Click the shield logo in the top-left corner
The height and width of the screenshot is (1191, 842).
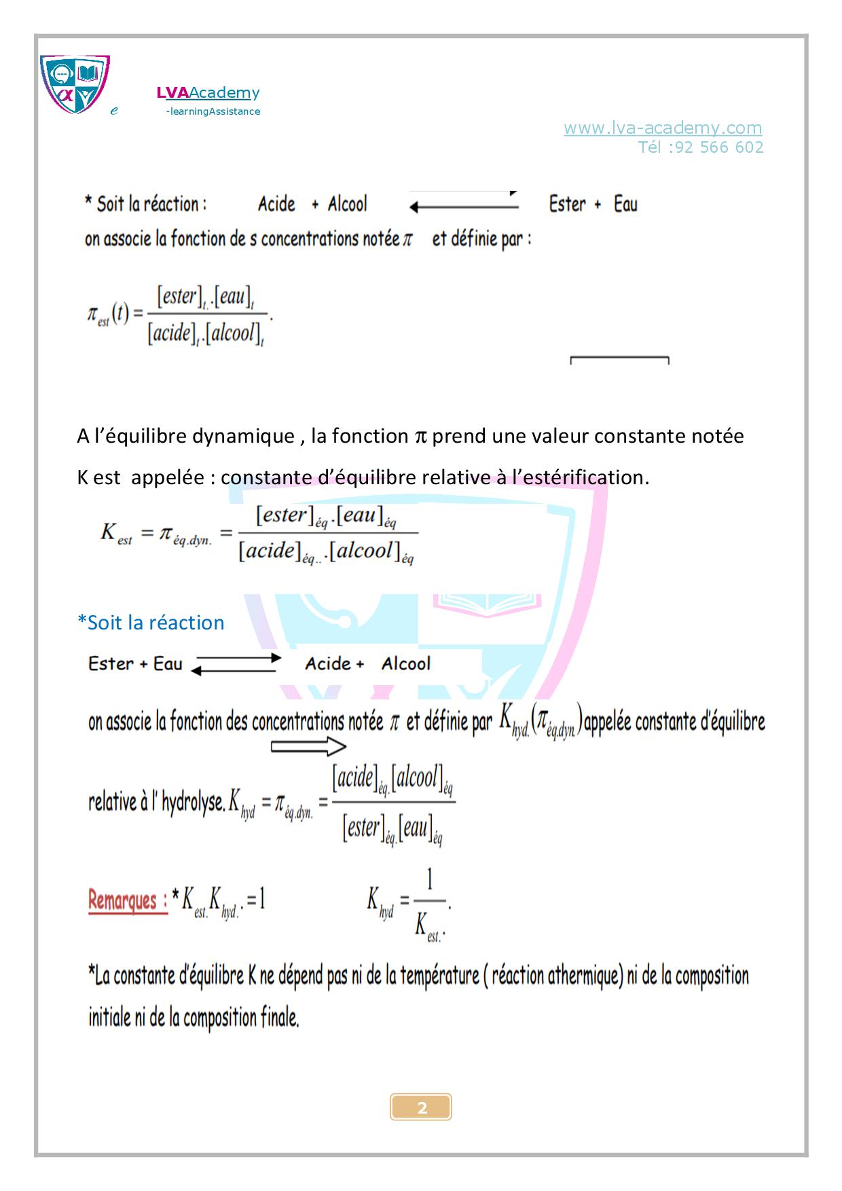75,84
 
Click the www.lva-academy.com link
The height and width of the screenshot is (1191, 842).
662,128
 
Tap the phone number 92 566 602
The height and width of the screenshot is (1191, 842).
719,147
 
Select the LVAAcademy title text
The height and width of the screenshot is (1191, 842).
208,93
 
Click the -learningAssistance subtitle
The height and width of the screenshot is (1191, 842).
213,111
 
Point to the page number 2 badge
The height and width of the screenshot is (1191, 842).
421,1108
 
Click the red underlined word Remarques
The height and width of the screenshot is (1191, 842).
128,901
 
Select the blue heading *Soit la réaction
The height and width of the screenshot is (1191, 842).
151,623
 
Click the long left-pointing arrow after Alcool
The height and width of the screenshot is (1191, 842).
464,207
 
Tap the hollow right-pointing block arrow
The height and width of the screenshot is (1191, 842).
308,747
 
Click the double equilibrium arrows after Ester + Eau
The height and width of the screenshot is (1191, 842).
235,663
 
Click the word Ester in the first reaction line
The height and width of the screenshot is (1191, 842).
567,204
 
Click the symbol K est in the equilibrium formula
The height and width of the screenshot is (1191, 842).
116,533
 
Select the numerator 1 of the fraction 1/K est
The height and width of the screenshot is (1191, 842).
429,881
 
